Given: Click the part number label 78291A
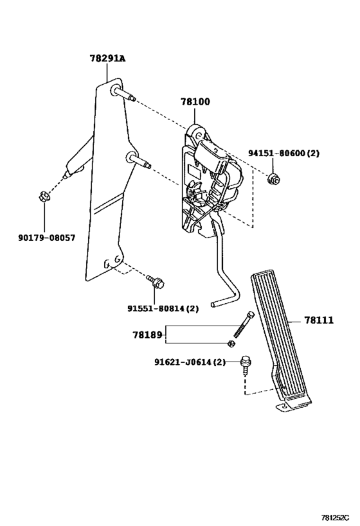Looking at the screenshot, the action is [x=107, y=58].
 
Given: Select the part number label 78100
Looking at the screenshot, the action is [x=195, y=101].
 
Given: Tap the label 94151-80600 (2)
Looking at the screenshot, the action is [x=283, y=153].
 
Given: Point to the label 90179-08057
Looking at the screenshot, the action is [x=47, y=238].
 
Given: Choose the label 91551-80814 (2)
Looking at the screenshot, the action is [x=163, y=308].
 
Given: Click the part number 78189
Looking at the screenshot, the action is [x=147, y=335].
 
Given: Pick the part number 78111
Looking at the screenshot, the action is [x=319, y=320].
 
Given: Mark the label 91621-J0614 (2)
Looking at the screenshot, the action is [x=190, y=362].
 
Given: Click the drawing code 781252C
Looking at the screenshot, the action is [x=334, y=517].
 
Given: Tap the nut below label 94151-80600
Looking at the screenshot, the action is [x=273, y=179].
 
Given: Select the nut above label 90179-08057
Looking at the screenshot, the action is [x=44, y=196].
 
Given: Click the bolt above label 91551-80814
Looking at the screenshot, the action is [x=155, y=281].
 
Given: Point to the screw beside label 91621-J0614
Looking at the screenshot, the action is [x=246, y=365].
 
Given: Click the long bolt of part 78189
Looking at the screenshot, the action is [x=244, y=325].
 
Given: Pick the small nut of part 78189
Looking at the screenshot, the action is [x=231, y=343].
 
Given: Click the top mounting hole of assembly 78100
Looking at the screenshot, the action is [x=199, y=135].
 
